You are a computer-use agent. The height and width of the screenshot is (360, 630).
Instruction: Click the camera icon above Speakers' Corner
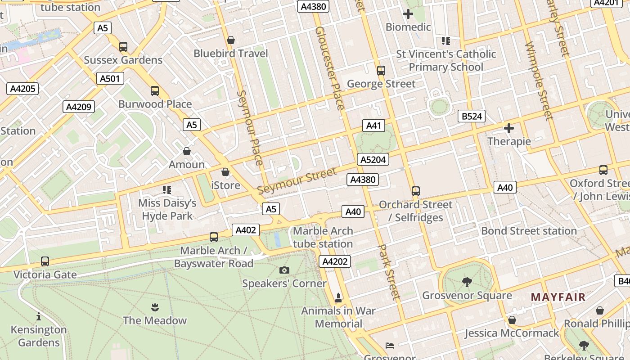tap(284, 270)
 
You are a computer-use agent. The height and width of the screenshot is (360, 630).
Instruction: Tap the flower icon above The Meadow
tap(155, 307)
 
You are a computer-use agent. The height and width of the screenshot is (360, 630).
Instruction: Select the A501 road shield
tap(110, 79)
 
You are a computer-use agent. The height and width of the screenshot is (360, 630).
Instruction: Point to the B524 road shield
tap(472, 117)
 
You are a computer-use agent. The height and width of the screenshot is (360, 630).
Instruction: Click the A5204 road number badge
tap(373, 159)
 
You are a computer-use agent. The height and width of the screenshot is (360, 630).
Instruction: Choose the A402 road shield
tap(246, 230)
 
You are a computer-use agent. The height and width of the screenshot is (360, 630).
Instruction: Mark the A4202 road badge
tap(334, 261)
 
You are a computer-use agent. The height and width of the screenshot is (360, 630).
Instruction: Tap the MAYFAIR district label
tap(558, 297)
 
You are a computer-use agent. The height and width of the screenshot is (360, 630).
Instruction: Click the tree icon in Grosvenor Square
tap(467, 282)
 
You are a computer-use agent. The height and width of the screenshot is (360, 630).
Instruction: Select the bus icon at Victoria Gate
tap(45, 261)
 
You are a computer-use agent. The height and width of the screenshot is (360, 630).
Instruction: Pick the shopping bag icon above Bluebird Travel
tap(231, 40)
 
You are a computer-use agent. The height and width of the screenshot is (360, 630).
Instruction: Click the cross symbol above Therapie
tap(509, 128)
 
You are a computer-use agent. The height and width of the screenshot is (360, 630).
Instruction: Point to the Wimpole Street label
tap(538, 81)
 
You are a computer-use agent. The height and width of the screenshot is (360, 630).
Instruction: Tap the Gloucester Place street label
tap(330, 67)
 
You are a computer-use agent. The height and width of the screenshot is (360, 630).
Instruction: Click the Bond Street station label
tap(529, 231)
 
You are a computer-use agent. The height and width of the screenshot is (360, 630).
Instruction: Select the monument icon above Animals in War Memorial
tap(338, 297)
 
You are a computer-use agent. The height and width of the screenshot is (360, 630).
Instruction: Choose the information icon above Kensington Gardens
tap(39, 316)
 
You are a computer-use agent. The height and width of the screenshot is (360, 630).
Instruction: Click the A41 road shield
tap(373, 126)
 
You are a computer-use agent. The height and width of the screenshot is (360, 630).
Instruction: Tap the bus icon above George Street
tap(381, 70)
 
